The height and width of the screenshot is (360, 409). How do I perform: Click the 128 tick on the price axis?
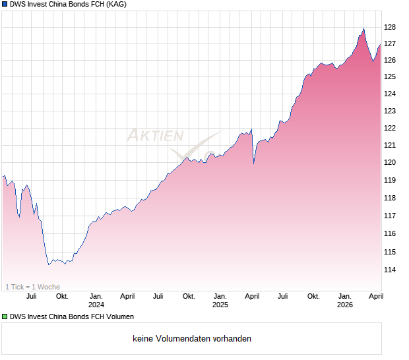coord(390,27)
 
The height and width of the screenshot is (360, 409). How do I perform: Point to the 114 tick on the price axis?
coord(390,270)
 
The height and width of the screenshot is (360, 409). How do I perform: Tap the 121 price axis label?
coord(390,145)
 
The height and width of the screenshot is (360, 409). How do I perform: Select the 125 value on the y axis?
coord(390,76)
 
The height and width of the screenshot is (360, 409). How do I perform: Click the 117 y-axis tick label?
coord(390,216)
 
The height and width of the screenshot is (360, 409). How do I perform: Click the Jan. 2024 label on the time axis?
coord(96,301)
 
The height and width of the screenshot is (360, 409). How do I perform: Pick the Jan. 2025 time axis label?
coord(220,301)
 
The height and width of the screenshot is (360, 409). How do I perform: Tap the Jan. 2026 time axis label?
coord(344,301)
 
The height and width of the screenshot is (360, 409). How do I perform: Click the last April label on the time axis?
coord(375,297)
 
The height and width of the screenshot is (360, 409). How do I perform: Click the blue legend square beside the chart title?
coord(5,5)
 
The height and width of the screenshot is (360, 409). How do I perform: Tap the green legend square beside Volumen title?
coord(5,317)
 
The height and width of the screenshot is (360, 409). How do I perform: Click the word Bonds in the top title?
coord(82,5)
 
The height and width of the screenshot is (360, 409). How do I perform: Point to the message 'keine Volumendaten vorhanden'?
coord(192,339)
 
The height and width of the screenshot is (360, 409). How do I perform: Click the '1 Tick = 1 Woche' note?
coord(33,287)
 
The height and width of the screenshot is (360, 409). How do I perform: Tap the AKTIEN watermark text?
coord(155,136)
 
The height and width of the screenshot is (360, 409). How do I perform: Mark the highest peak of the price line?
coord(363,28)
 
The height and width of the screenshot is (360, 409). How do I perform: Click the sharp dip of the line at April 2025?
coord(254,164)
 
